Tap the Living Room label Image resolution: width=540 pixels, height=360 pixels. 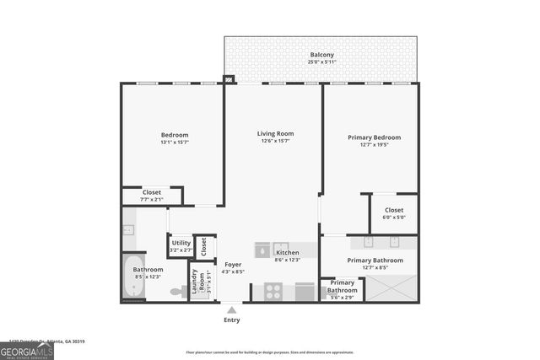pos(275,133)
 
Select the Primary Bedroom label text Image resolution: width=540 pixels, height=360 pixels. pos(374,137)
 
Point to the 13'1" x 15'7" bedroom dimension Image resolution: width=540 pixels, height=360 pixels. pos(175,142)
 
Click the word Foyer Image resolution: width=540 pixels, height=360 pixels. pos(232,265)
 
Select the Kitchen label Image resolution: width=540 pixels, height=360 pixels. pos(288,252)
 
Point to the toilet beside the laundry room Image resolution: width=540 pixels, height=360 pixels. pos(178,292)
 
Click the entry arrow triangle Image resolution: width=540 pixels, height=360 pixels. pos(232,309)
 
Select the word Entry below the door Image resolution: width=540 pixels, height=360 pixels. pos(232,320)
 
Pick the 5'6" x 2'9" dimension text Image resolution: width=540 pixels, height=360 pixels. pos(343,297)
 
